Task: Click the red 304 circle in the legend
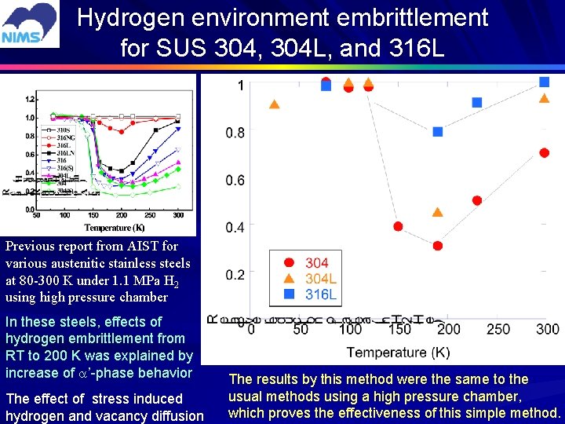click(x=290, y=263)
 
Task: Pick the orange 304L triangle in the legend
click(x=290, y=279)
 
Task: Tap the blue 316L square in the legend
click(x=290, y=295)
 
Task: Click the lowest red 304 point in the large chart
click(x=438, y=246)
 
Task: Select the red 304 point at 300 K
click(x=545, y=152)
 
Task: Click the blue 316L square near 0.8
click(x=438, y=132)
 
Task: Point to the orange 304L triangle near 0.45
click(x=438, y=213)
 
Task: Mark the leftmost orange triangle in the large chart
click(x=274, y=104)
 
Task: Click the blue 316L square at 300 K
click(x=545, y=82)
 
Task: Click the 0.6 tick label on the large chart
click(x=235, y=181)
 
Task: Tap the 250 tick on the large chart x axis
click(x=498, y=330)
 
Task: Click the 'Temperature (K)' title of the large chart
click(x=398, y=352)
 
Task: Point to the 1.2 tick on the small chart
click(x=31, y=99)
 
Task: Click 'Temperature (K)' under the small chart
click(x=108, y=227)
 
